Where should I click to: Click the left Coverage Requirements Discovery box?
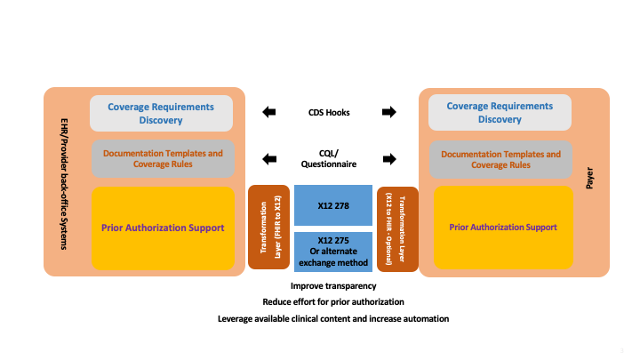click(161, 113)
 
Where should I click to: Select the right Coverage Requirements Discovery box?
click(500, 113)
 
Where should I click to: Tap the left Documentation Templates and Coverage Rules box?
click(163, 159)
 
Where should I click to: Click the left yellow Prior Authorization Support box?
click(163, 227)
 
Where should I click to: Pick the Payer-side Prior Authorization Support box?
click(502, 227)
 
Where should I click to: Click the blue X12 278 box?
click(332, 204)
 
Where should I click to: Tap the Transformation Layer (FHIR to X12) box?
click(268, 227)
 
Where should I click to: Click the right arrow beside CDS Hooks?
click(388, 113)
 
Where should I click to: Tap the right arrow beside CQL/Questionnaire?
click(388, 159)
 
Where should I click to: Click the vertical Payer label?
click(589, 181)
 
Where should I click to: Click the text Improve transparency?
click(333, 286)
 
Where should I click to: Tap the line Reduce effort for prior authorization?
click(333, 302)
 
